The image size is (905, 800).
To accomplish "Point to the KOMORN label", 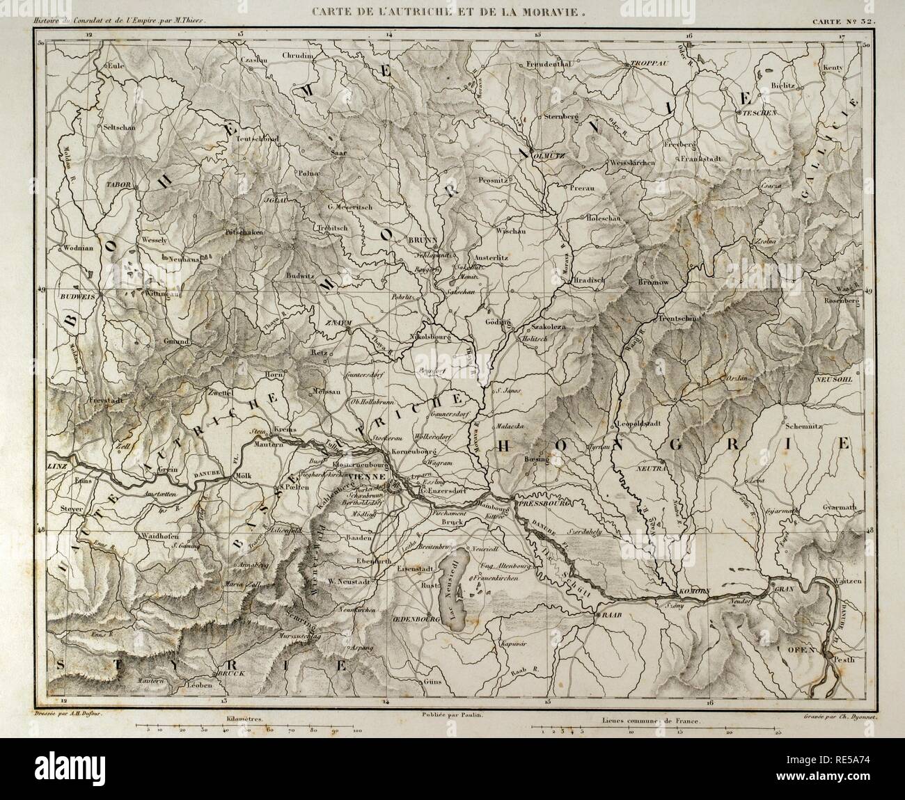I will [694, 592].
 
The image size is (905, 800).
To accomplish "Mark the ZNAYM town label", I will [336, 324].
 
